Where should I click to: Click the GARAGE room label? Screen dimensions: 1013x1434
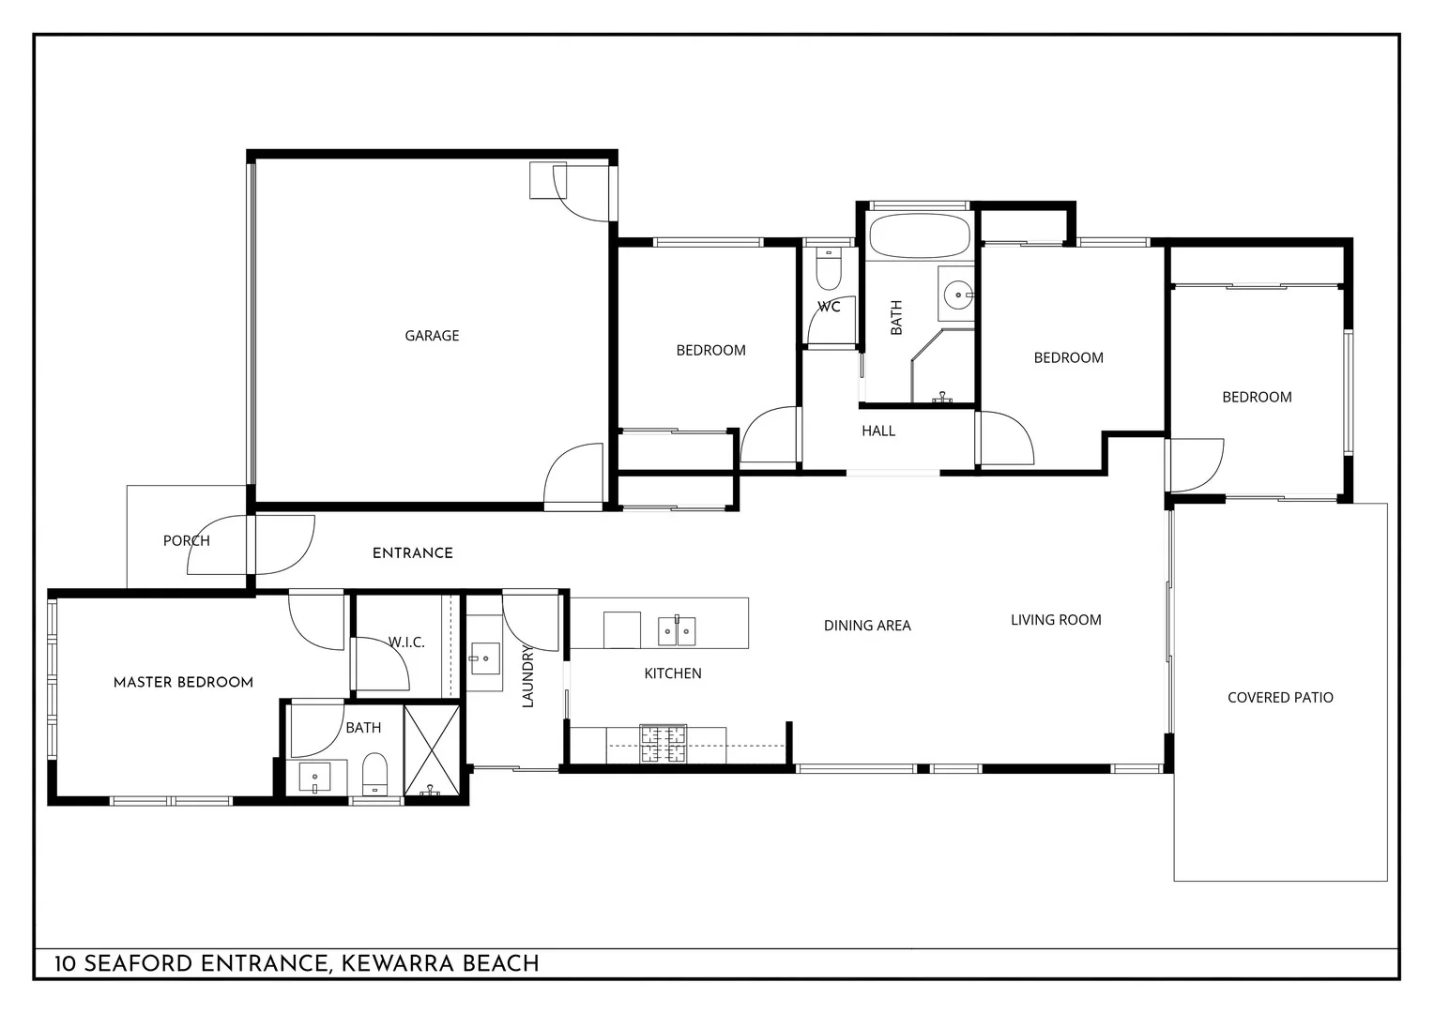432,336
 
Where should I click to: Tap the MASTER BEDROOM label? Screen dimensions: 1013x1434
183,683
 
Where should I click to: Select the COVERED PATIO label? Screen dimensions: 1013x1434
1280,698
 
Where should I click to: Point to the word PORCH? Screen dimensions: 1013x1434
186,541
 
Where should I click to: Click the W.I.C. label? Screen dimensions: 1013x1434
406,643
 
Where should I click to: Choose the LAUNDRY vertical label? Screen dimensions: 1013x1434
527,675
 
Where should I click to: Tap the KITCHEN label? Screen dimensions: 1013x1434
673,673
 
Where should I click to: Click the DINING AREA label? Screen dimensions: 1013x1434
867,626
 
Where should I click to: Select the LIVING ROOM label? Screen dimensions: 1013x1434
1056,620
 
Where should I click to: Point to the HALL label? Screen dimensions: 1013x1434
878,431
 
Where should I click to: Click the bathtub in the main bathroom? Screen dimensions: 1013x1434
919,235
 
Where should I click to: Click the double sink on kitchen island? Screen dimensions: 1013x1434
677,631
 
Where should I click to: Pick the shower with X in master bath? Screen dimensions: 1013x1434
432,750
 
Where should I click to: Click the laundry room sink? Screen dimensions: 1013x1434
486,658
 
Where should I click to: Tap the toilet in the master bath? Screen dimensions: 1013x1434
374,773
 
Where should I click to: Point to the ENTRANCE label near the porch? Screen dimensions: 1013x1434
413,553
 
